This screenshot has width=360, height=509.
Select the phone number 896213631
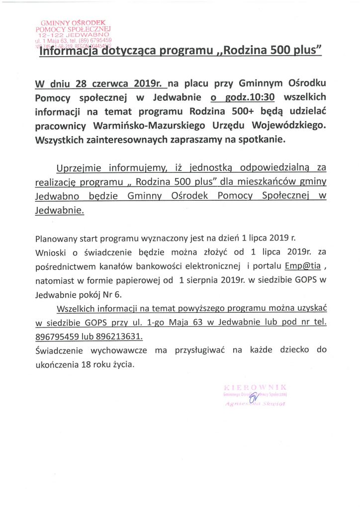pyautogui.click(x=119, y=336)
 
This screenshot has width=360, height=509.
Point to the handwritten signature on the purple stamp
pyautogui.click(x=253, y=398)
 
